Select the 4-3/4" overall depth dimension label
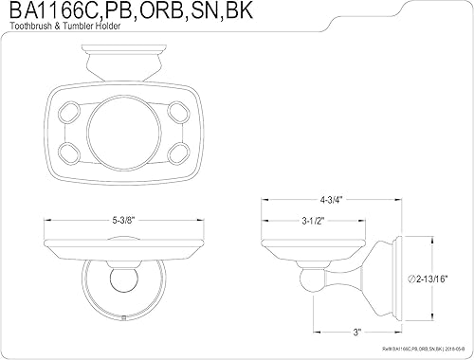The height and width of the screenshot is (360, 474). [330, 200]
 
